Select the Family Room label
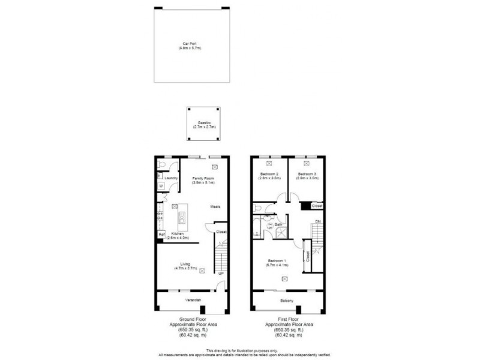coord(203,179)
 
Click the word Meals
coord(215,206)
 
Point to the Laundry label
coord(172,178)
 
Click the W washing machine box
coord(161,186)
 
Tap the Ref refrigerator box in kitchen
coord(161,234)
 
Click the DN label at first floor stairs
coord(319,221)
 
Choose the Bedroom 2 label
coord(269,174)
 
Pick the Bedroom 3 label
coord(307,174)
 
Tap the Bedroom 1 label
coord(277,260)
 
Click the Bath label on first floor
coord(279,223)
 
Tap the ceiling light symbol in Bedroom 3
coord(307,163)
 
